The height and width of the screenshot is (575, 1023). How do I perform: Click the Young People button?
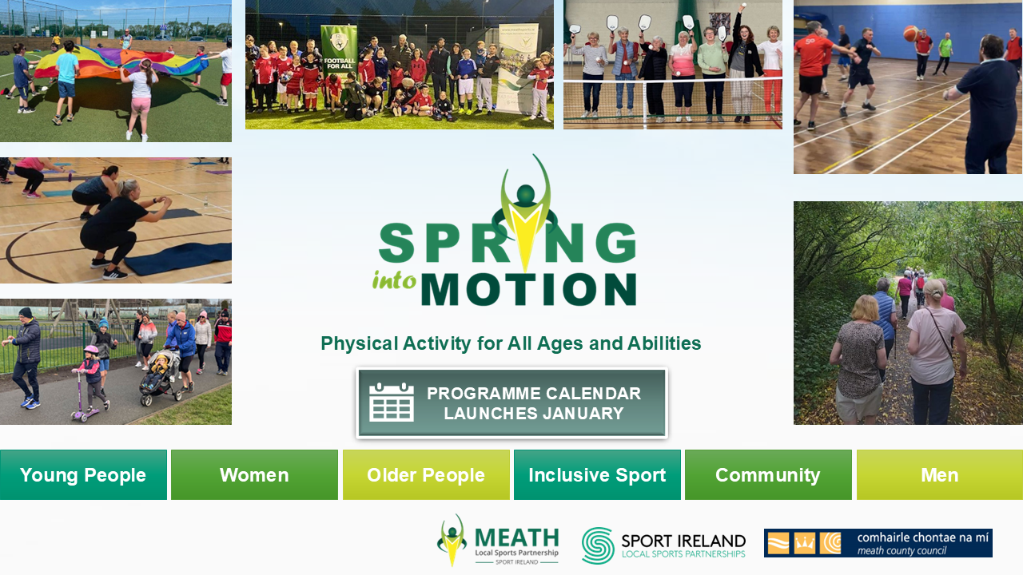(x=83, y=474)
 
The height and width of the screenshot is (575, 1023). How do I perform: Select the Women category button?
(x=254, y=474)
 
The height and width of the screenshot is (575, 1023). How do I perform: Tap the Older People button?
(x=426, y=474)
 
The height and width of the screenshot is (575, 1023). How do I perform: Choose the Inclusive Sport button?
(x=597, y=474)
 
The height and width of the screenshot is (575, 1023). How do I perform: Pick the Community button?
(x=768, y=474)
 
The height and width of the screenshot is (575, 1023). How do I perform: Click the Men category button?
(x=940, y=474)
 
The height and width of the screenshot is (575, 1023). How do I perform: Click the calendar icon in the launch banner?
(x=392, y=402)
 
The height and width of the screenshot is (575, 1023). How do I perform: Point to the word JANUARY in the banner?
(x=579, y=414)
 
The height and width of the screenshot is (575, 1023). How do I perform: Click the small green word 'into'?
(x=394, y=280)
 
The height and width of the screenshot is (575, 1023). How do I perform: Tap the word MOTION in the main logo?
(x=529, y=289)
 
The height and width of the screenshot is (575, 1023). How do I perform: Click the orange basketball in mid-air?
(x=910, y=34)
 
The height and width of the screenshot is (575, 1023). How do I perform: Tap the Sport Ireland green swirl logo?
(x=598, y=545)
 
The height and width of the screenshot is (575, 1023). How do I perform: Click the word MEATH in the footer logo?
(x=517, y=537)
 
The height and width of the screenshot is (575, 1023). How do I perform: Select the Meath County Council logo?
(x=878, y=543)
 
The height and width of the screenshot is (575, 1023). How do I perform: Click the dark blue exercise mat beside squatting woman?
(x=178, y=258)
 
